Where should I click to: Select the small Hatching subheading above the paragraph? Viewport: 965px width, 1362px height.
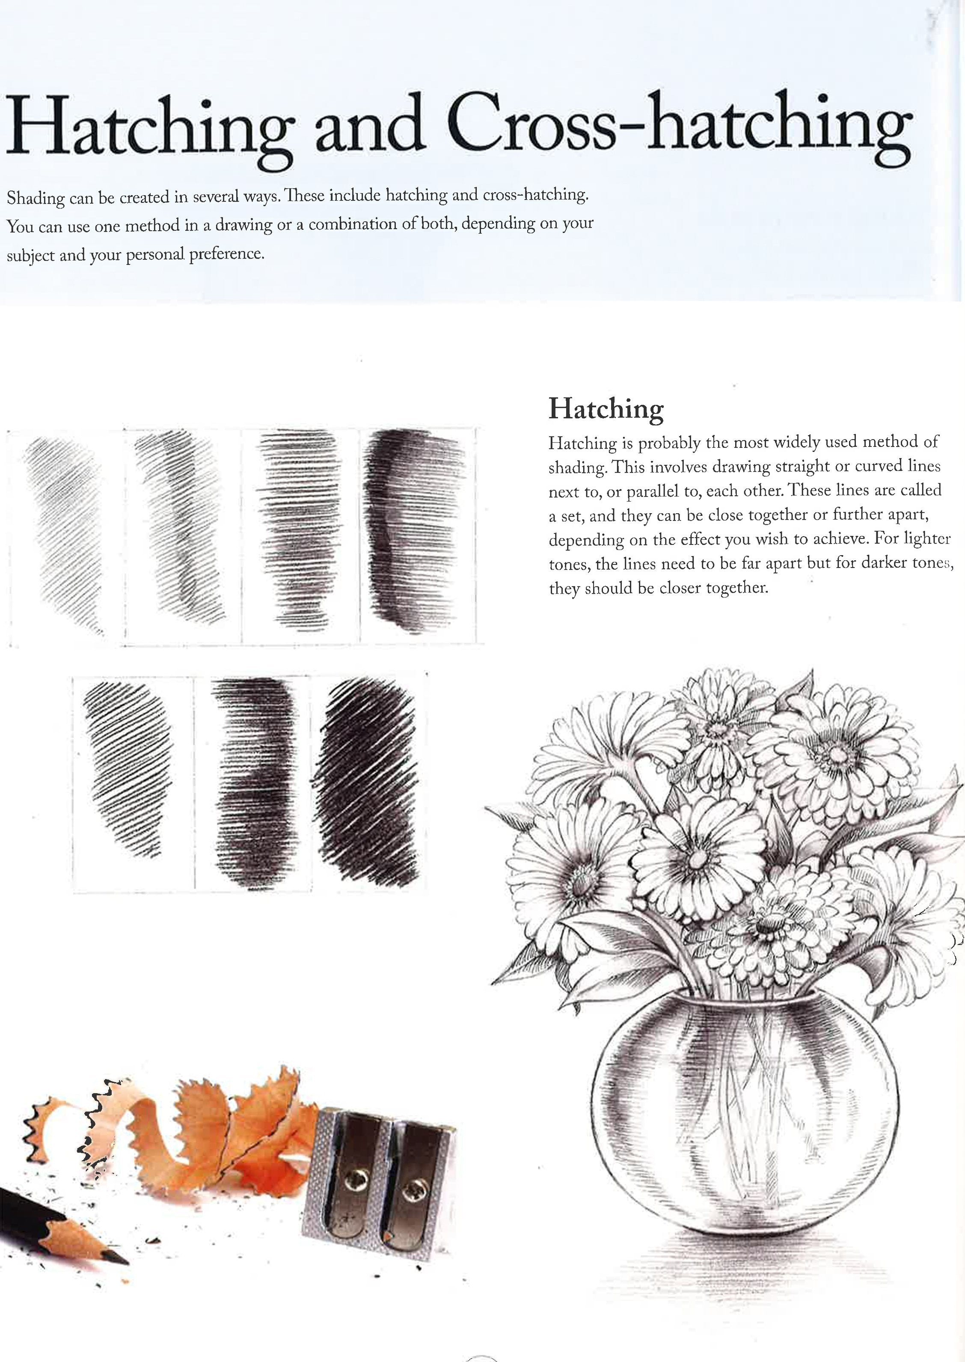[x=606, y=409]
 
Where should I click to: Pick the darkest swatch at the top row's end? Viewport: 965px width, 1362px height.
[x=413, y=532]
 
